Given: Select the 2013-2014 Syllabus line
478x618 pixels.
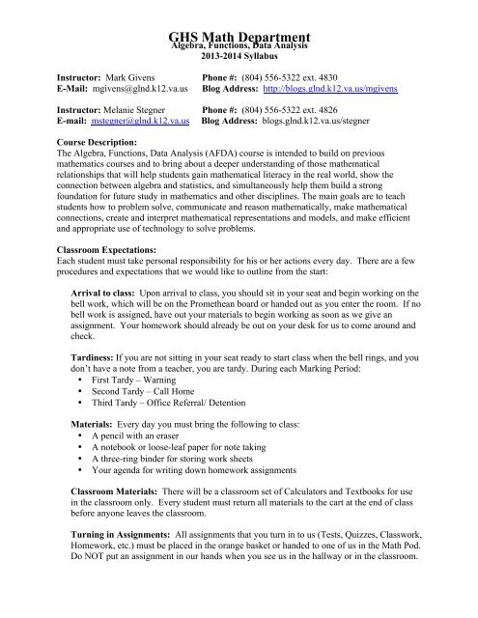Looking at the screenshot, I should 239,55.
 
